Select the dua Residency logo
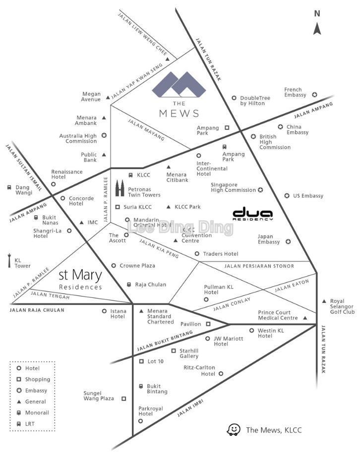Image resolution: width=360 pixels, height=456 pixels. tap(253, 213)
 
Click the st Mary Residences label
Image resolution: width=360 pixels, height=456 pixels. tap(80, 279)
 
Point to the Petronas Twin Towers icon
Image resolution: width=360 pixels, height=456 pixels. tap(120, 188)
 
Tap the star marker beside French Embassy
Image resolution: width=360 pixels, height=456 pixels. tap(314, 95)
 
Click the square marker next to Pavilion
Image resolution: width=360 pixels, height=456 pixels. tap(208, 324)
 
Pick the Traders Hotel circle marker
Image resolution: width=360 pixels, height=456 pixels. tap(197, 254)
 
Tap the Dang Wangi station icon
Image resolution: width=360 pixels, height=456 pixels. tap(9, 187)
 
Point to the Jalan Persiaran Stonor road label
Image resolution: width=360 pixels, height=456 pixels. tap(259, 266)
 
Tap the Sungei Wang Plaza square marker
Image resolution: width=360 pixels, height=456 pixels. tap(123, 399)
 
